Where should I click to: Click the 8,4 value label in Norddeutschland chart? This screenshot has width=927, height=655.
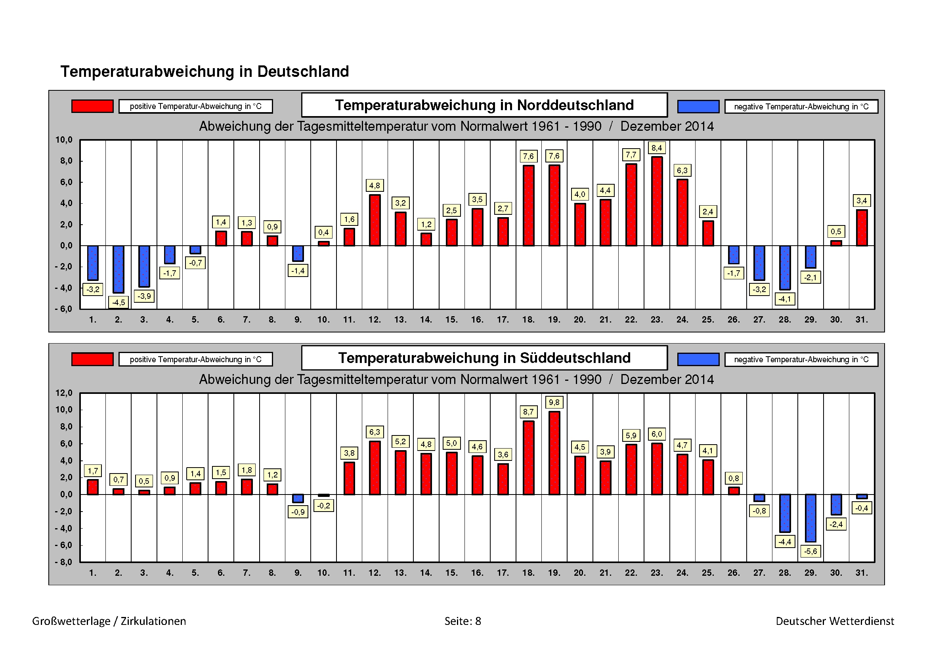click(656, 148)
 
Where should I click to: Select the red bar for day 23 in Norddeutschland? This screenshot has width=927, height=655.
click(657, 201)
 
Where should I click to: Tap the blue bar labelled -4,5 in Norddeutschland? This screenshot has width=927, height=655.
click(118, 269)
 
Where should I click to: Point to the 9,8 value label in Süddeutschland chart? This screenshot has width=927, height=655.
click(554, 402)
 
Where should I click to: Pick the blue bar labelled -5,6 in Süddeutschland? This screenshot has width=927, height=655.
click(810, 518)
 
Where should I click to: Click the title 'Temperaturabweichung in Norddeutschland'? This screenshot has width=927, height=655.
click(484, 105)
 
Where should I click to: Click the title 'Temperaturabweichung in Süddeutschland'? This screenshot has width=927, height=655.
click(484, 358)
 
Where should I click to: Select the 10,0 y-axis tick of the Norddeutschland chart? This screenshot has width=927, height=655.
click(64, 140)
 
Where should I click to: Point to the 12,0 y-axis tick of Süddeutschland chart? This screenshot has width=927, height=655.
click(64, 393)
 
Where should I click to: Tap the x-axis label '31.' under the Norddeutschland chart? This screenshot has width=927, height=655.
click(862, 320)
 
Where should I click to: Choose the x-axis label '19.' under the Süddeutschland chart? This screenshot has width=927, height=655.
click(554, 573)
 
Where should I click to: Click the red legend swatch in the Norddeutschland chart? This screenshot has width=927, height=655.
click(92, 106)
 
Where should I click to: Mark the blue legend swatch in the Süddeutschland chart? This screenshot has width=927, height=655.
click(698, 359)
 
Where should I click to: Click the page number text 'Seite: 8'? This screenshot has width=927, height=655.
click(463, 621)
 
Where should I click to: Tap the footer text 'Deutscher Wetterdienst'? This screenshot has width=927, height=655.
click(835, 621)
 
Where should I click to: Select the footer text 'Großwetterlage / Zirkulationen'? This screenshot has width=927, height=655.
click(109, 621)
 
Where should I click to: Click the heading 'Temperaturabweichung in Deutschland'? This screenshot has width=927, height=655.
click(205, 71)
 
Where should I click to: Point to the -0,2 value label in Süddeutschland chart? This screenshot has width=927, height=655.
click(323, 506)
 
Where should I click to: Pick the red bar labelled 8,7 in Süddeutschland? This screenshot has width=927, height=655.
click(529, 458)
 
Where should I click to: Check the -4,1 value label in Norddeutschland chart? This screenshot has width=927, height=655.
click(784, 299)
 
